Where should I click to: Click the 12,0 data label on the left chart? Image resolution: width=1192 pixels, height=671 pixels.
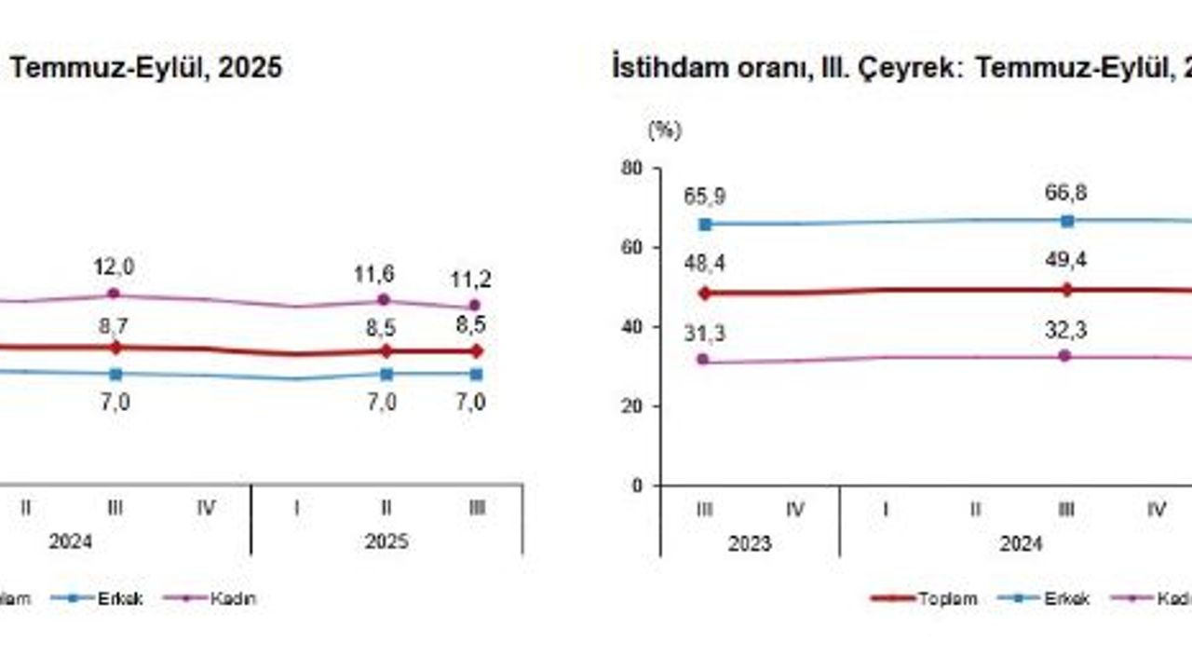pos(114,267)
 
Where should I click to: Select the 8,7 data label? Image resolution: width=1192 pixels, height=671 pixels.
pos(115,326)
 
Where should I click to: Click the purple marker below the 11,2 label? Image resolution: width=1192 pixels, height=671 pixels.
pos(476,305)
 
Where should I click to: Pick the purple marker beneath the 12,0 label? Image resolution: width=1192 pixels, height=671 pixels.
pos(114,293)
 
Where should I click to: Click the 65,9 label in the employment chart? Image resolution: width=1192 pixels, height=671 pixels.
pos(705,197)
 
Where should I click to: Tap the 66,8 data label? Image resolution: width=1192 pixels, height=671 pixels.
pos(1067,194)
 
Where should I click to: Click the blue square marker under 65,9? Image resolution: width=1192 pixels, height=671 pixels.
pos(705,224)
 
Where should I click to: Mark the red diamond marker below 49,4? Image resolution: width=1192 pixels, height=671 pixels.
pos(1067,289)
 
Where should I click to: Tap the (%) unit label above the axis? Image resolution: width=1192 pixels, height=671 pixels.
pos(665,131)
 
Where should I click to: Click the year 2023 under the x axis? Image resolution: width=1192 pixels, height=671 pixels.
pos(750,542)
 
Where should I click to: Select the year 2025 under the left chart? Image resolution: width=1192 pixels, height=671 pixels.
pos(386,541)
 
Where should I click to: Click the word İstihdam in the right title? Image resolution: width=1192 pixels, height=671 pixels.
pos(653,69)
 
